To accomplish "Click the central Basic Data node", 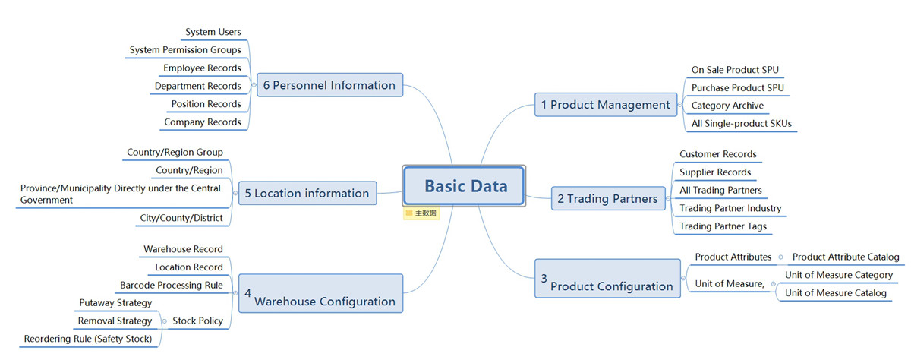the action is tap(464, 186).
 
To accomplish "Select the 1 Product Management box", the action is tap(606, 105).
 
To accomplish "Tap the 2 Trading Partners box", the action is tap(608, 198).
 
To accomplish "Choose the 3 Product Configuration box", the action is tap(607, 279).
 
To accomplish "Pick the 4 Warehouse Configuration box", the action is tap(320, 293).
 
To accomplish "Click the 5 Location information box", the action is tap(307, 193).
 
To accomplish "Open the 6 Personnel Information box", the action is tap(329, 85).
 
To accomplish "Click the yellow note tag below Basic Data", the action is tap(421, 213).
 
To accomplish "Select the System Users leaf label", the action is tap(213, 32).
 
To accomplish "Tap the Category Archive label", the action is tap(727, 106).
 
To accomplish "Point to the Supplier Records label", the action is tap(715, 172).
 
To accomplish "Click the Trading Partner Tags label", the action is tap(723, 226).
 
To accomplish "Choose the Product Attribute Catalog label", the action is tap(846, 257).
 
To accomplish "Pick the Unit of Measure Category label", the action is tap(839, 275).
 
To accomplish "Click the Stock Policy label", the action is tap(197, 321).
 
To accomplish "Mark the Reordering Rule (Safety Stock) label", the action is tap(88, 339).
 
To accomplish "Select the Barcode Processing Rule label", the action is tap(172, 285).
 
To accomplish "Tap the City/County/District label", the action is tap(181, 218).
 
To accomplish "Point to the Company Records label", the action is tap(203, 122).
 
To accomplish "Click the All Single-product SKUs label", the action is tap(742, 124).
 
